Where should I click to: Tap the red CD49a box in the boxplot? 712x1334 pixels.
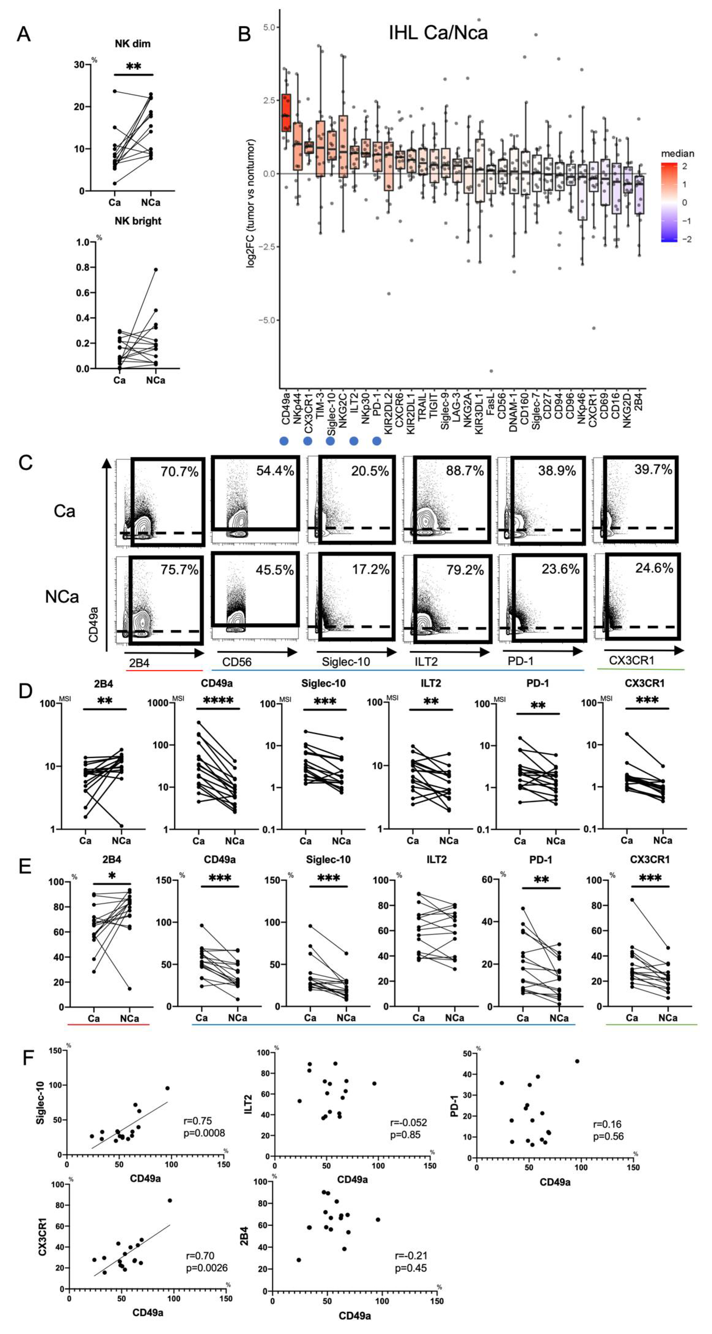click(285, 113)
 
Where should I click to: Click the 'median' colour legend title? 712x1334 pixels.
click(677, 153)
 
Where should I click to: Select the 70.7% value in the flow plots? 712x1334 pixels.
click(179, 471)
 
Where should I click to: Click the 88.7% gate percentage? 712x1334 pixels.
click(464, 471)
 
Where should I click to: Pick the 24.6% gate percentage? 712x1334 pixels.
click(654, 568)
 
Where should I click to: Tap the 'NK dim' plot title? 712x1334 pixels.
click(133, 44)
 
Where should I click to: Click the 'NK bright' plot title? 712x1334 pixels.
click(138, 221)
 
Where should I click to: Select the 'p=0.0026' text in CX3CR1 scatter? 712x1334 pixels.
click(207, 1268)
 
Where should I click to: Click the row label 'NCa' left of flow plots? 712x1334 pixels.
click(62, 597)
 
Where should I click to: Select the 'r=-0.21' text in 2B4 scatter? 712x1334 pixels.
click(411, 1255)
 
